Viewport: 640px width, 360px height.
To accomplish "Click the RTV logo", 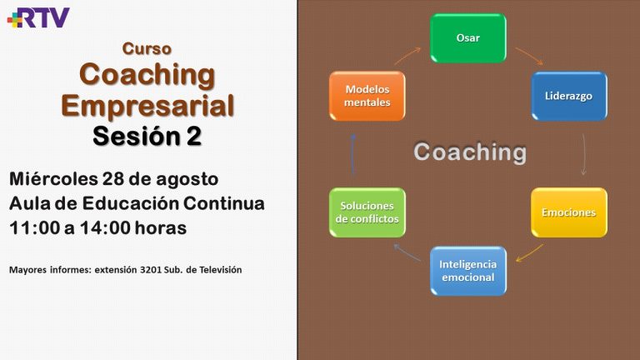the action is click(38, 17).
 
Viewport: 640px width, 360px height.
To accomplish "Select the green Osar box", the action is click(468, 38).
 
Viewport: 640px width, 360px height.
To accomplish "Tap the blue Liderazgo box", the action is click(569, 97).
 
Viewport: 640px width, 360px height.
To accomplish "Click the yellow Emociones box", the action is click(569, 212).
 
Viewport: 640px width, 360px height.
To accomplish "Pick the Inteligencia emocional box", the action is click(468, 271).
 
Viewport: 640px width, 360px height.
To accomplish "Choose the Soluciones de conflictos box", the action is click(367, 212).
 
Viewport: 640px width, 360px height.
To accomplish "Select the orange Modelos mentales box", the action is click(367, 96).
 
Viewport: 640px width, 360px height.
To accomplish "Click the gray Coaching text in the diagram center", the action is click(470, 152).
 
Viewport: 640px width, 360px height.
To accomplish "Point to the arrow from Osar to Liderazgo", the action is click(529, 56).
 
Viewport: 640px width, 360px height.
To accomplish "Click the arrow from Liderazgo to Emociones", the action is click(583, 154).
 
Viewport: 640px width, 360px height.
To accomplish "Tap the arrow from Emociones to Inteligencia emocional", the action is click(529, 253).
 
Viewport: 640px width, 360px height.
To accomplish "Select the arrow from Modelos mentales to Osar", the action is click(407, 56).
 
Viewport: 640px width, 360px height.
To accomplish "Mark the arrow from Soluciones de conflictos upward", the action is click(353, 154).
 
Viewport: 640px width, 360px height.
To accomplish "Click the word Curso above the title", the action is click(147, 48).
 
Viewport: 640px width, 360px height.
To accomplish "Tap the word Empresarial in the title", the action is click(147, 106).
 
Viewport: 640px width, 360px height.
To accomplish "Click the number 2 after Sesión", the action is click(193, 136).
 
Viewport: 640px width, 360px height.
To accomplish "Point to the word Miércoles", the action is click(53, 179).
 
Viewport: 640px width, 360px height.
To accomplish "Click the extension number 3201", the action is click(151, 270).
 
